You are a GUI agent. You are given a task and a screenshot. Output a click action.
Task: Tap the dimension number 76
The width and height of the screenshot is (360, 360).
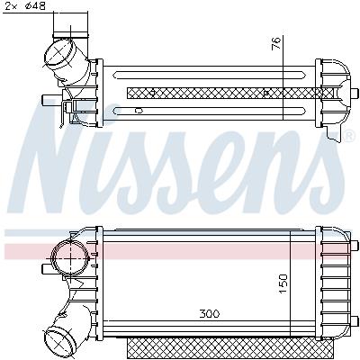[x=276, y=43]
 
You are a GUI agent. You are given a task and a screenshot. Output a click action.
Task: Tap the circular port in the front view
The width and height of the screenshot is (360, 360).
[x=67, y=259]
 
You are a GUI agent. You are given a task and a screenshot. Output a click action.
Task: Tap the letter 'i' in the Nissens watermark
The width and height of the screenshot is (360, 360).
[x=123, y=157]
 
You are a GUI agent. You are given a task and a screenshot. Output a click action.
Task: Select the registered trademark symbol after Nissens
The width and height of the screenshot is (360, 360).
[x=349, y=136]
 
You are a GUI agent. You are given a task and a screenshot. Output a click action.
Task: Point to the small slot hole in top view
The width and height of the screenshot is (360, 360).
[x=138, y=110]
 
